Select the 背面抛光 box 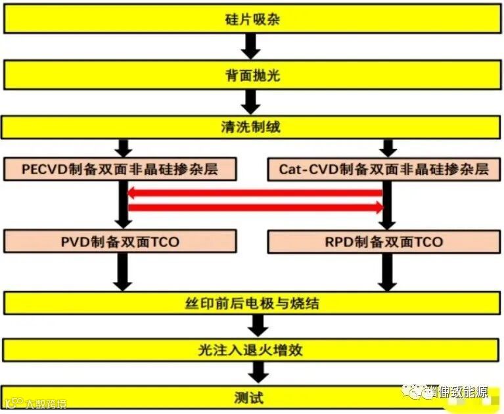(x=252, y=75)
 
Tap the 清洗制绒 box (x=252, y=126)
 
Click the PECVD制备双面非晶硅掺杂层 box (x=120, y=169)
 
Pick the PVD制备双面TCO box (x=120, y=241)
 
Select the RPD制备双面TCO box (x=384, y=241)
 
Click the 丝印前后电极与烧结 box (x=252, y=303)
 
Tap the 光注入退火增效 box (x=252, y=349)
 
